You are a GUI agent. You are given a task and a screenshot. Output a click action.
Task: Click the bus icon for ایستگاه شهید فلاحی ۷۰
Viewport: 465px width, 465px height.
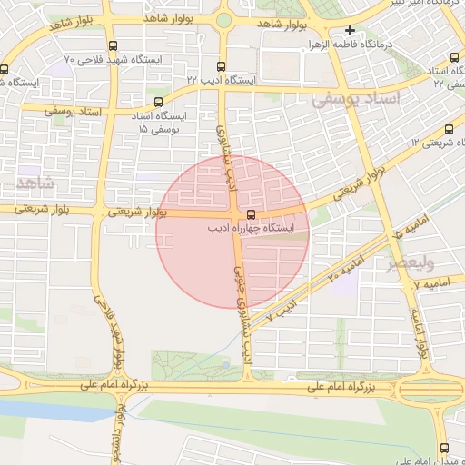pyautogui.click(x=112, y=45)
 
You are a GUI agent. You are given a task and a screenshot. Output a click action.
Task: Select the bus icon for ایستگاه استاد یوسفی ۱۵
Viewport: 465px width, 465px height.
pyautogui.click(x=160, y=102)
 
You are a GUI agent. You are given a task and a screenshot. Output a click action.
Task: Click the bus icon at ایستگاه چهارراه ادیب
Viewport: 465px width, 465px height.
pyautogui.click(x=251, y=215)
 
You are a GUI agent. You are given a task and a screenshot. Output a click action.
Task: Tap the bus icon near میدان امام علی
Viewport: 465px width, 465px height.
pyautogui.click(x=444, y=447)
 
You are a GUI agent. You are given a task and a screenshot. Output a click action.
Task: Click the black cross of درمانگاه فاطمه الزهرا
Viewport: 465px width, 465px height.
pyautogui.click(x=350, y=31)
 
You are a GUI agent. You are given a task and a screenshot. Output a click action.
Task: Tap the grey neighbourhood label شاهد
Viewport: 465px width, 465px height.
pyautogui.click(x=35, y=183)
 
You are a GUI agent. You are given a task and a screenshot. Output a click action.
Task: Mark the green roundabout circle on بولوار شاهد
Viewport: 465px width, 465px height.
pyautogui.click(x=223, y=20)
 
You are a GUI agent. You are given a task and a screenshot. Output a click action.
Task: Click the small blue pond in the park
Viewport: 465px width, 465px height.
pyautogui.click(x=224, y=365)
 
